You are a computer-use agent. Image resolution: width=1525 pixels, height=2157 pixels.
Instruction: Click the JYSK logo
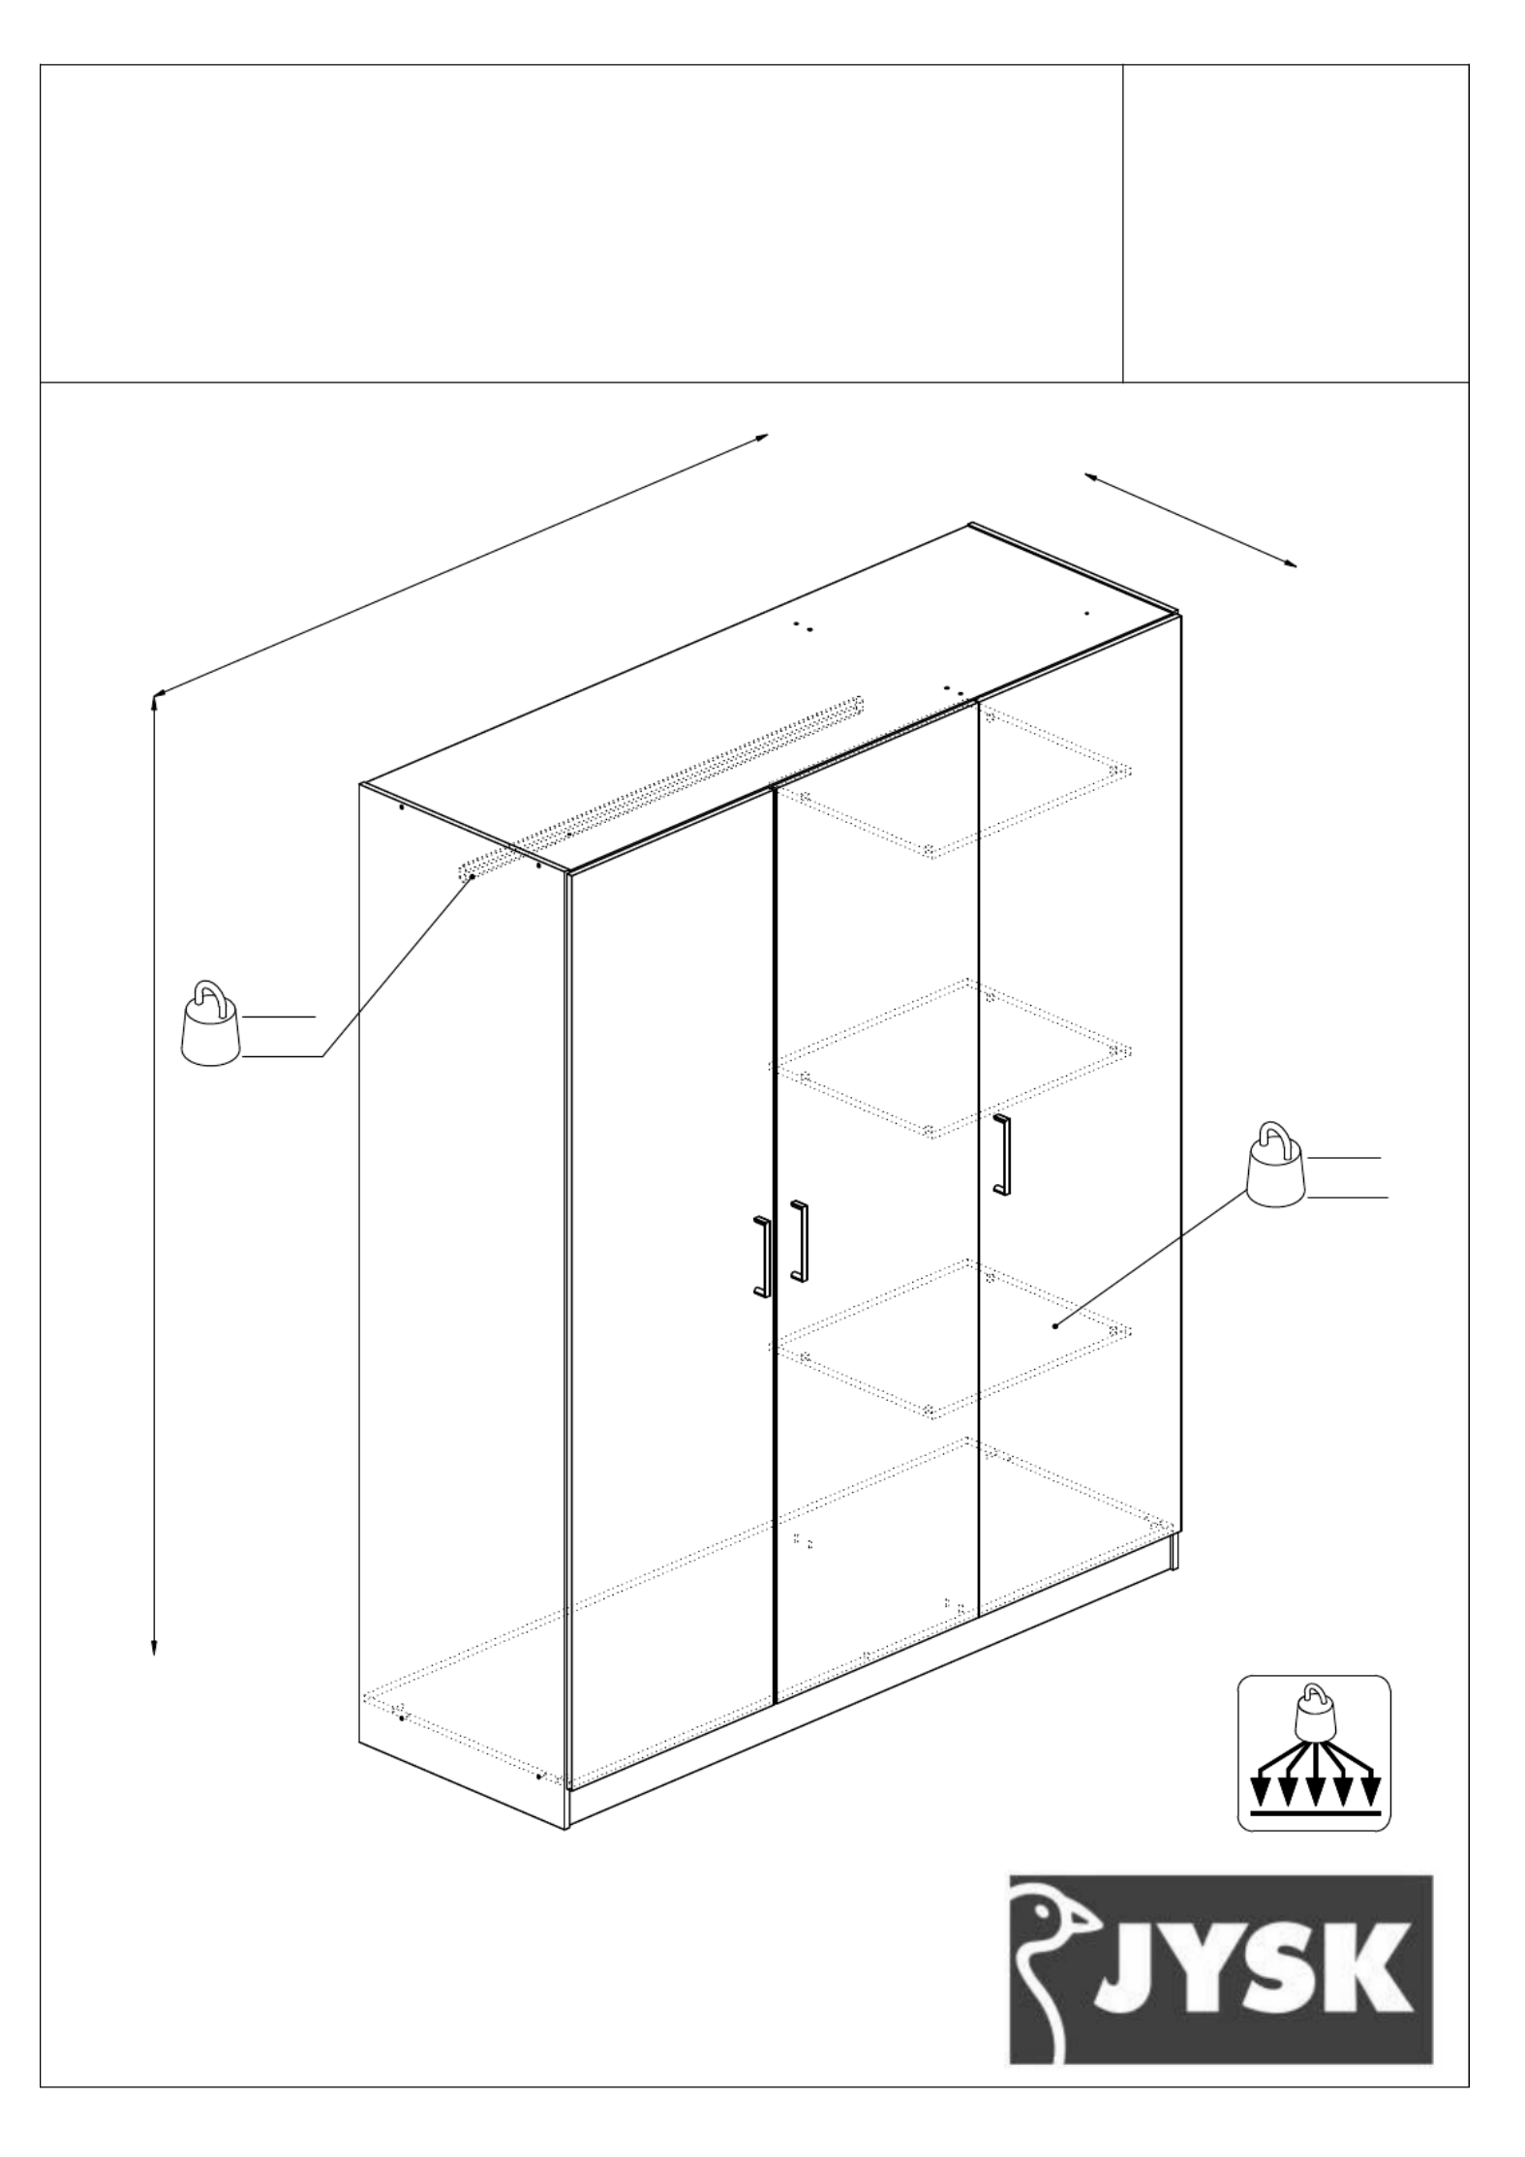pos(1220,1968)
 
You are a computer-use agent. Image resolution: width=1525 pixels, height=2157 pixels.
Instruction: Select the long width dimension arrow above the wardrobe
pos(461,564)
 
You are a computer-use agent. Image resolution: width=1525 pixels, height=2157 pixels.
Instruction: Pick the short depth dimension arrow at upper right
pos(1190,520)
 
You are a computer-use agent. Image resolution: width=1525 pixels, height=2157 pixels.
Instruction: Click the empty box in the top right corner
pos(1296,224)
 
